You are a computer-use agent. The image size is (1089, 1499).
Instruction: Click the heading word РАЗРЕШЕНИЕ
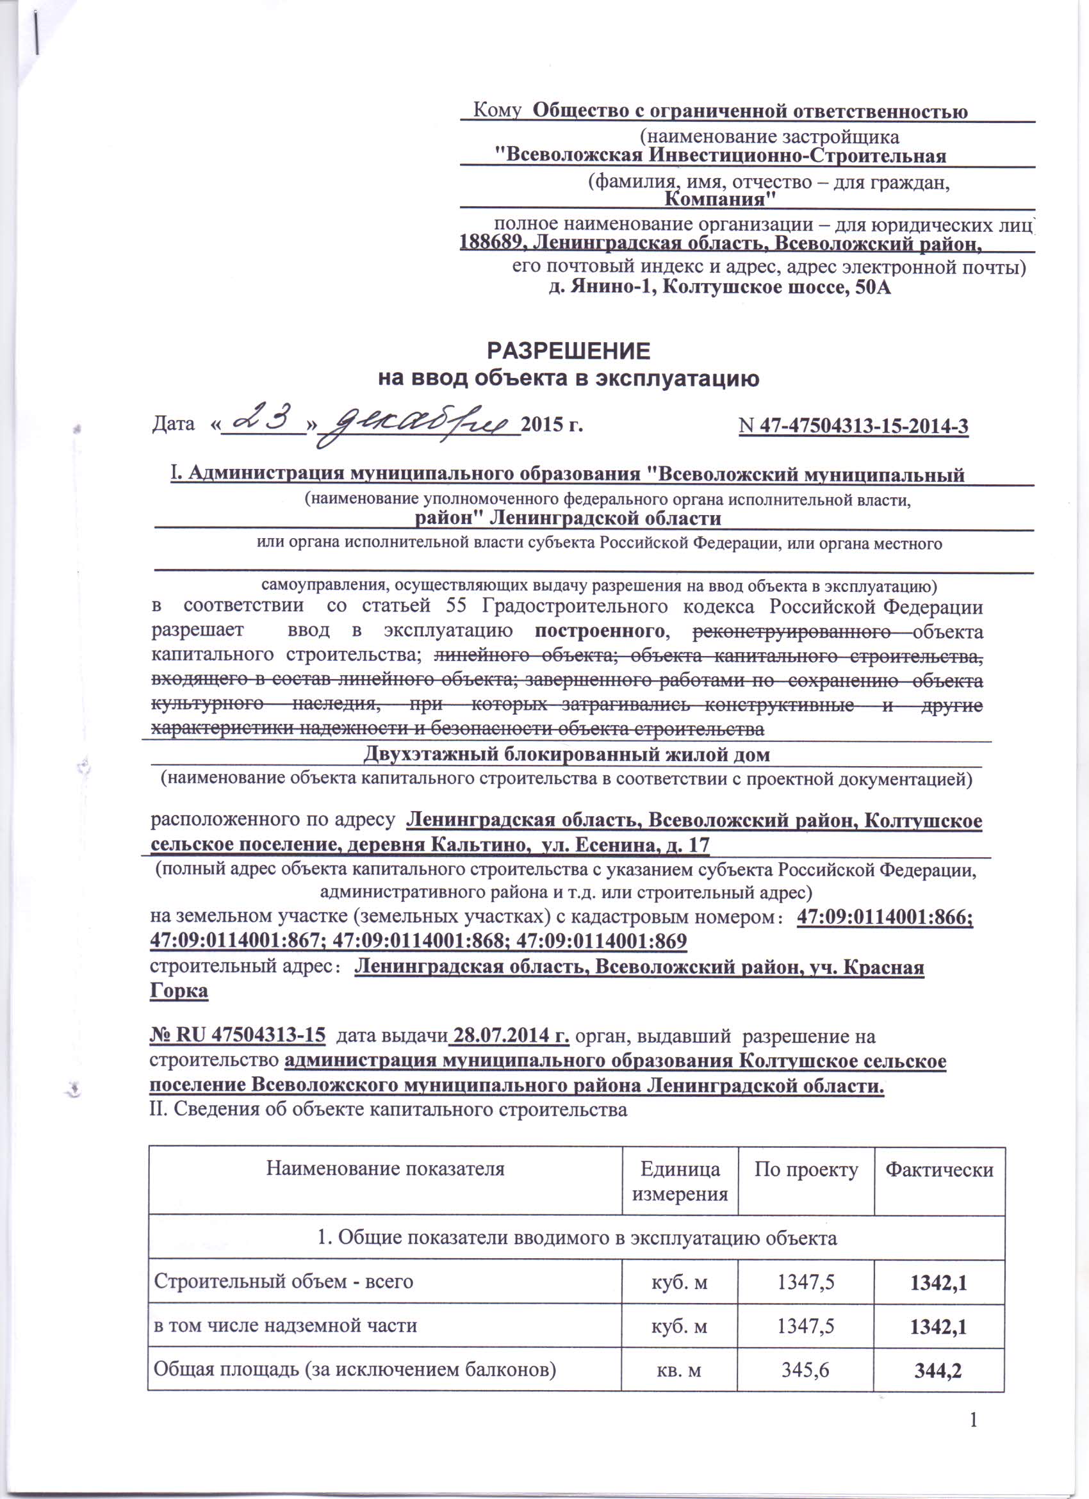pos(568,350)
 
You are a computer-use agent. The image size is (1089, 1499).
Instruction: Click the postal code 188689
pos(493,243)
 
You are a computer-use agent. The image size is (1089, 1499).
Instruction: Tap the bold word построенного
pos(599,630)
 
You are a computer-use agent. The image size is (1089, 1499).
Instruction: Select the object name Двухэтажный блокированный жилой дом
pos(566,753)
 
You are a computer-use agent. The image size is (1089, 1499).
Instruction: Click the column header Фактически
pos(938,1170)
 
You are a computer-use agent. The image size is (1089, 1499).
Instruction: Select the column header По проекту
pos(806,1170)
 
